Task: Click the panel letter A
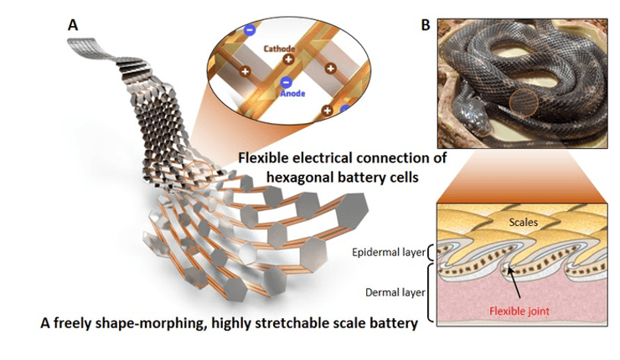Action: pyautogui.click(x=73, y=25)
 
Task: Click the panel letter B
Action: pyautogui.click(x=426, y=26)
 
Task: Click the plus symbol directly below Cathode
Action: pyautogui.click(x=288, y=60)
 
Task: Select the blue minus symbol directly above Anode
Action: pyautogui.click(x=286, y=82)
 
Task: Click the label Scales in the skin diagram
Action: pyautogui.click(x=526, y=224)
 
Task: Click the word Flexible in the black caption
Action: pyautogui.click(x=265, y=157)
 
